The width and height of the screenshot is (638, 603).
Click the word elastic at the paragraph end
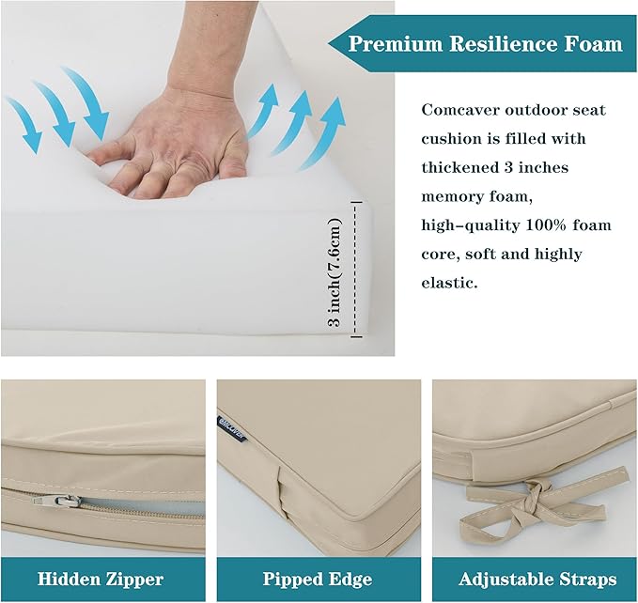pyautogui.click(x=449, y=283)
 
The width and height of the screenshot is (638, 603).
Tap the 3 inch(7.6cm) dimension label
pyautogui.click(x=335, y=272)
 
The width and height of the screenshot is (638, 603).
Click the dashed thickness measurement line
pyautogui.click(x=356, y=270)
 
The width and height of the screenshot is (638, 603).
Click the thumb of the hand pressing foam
pyautogui.click(x=106, y=153)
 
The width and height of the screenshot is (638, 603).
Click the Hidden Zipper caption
pyautogui.click(x=101, y=579)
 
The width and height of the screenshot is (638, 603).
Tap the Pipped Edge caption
pyautogui.click(x=318, y=579)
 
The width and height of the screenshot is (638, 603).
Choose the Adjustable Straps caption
pyautogui.click(x=537, y=579)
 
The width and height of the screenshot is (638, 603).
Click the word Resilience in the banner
pyautogui.click(x=502, y=44)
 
